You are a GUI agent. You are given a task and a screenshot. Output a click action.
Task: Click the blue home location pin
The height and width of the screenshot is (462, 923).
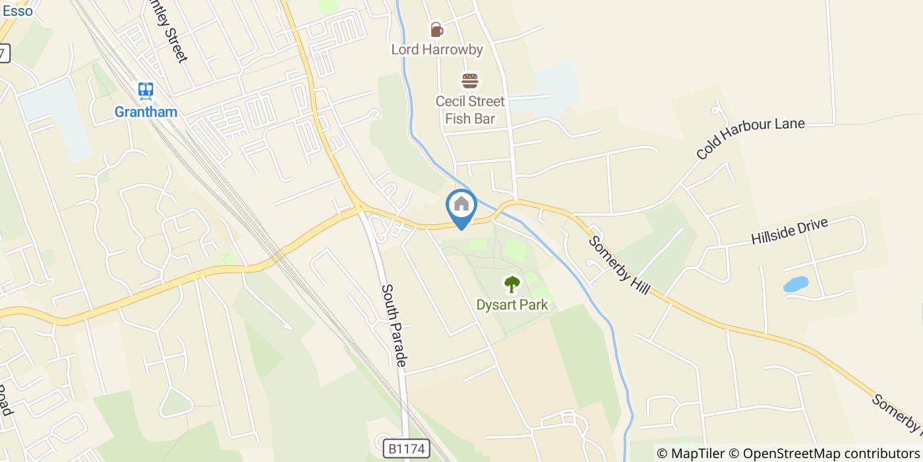coord(461,206)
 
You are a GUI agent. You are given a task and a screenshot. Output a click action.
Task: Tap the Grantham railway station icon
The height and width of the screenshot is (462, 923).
coord(146,90)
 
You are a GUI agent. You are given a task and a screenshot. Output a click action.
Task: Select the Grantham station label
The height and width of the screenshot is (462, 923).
coord(146,112)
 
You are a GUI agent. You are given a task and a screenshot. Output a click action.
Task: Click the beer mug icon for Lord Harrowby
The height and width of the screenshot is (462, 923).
coord(436,30)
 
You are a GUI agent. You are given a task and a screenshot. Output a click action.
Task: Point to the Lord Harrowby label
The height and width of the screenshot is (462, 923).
coord(436,49)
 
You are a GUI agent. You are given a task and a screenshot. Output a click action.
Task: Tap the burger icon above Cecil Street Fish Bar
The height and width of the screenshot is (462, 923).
coord(469,81)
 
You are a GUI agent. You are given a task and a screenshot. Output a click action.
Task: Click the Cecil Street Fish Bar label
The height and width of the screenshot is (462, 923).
coord(469,110)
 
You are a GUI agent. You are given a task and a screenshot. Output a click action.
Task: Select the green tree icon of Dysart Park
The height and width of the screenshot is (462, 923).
coord(512,284)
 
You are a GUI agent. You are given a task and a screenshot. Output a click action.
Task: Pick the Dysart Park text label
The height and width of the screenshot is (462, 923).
coord(512,305)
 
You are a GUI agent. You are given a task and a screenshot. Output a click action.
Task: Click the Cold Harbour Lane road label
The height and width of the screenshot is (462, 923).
coord(750,139)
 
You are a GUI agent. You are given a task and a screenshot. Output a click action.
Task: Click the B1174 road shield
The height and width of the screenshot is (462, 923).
coord(407,449)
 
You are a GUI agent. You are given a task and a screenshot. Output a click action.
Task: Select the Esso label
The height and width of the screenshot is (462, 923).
coord(17,11)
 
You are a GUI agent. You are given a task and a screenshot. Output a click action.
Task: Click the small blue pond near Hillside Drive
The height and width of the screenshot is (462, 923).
coord(796,284)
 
